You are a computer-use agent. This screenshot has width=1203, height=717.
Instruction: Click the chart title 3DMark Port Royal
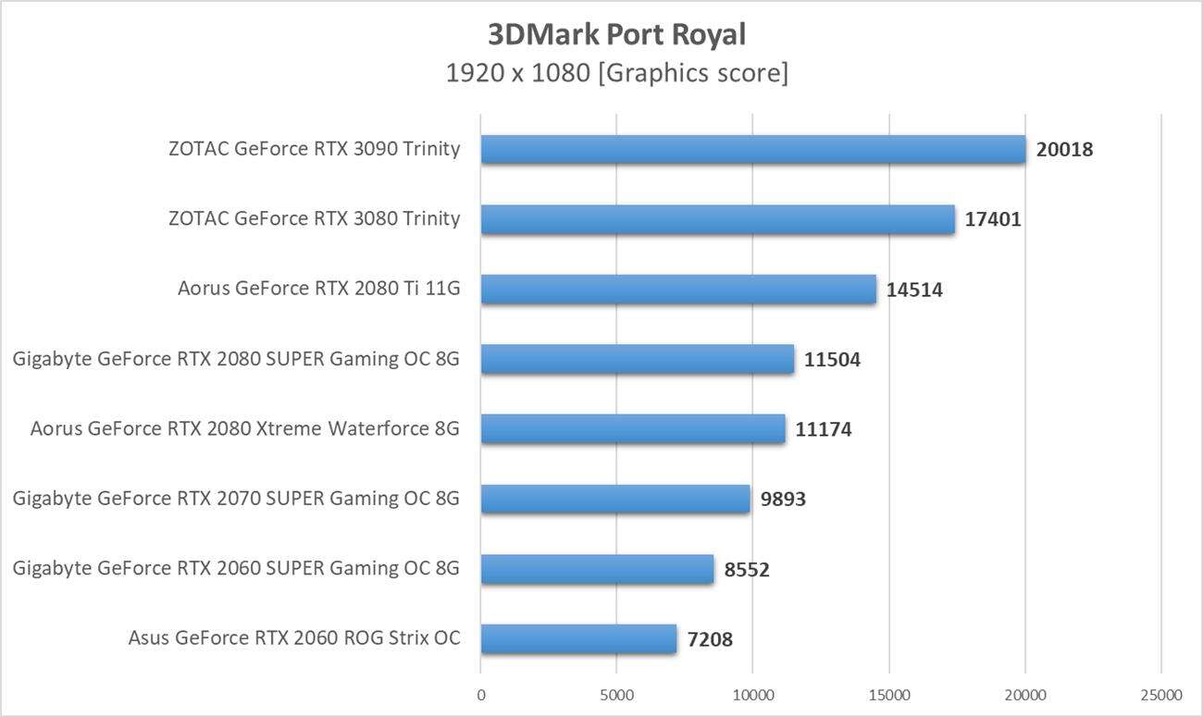(616, 34)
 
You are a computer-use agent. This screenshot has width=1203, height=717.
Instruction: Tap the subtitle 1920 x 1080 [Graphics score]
(616, 73)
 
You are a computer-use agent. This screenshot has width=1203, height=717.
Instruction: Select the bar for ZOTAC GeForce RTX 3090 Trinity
(753, 149)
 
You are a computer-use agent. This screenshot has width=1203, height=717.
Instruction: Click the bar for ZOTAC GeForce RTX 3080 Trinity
(717, 219)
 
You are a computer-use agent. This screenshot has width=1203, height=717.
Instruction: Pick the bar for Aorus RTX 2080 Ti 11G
(678, 289)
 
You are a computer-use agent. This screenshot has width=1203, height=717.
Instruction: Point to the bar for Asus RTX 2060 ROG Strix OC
(578, 638)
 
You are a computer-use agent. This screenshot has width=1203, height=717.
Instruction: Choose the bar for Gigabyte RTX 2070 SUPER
(615, 499)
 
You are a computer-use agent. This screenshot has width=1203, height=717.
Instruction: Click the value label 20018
(1064, 149)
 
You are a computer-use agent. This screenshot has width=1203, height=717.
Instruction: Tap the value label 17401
(993, 219)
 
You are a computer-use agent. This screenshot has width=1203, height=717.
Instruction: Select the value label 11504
(832, 360)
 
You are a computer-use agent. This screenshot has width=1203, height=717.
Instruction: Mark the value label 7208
(710, 639)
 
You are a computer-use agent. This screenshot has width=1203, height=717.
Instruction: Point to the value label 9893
(783, 500)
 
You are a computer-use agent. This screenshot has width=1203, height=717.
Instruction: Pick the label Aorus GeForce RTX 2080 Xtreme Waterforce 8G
(244, 428)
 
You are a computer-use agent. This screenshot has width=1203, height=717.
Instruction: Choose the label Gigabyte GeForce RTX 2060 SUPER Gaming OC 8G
(236, 568)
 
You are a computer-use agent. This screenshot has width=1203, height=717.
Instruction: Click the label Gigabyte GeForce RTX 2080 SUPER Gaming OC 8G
(236, 359)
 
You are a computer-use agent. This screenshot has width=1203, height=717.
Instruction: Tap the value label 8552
(747, 570)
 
